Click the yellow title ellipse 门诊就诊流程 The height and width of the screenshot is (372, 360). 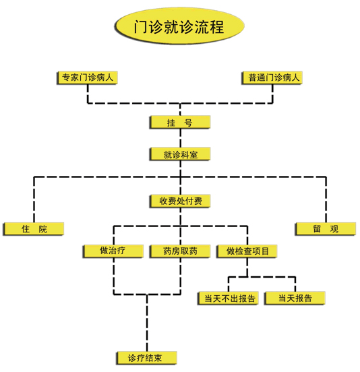(179, 26)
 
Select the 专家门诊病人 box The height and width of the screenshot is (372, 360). (88, 77)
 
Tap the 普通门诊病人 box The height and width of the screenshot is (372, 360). (272, 77)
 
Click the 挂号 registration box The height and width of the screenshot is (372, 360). (180, 122)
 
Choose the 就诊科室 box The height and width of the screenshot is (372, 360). (180, 154)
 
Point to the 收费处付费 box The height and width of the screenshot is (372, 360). (180, 201)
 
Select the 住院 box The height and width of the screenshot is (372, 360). (34, 229)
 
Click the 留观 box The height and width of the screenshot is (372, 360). (326, 229)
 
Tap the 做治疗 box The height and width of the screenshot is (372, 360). (113, 251)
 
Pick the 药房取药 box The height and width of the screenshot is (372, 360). (180, 251)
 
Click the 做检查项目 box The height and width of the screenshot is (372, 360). (247, 251)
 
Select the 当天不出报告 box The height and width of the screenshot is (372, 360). (228, 298)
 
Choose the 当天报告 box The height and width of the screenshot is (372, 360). (295, 298)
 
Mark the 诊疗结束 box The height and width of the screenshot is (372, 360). (147, 358)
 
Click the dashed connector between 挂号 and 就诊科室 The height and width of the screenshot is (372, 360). (181, 138)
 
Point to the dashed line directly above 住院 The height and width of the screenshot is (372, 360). (34, 199)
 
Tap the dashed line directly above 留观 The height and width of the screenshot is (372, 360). (326, 199)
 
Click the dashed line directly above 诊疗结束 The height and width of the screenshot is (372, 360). (147, 323)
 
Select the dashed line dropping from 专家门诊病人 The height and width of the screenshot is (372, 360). (88, 94)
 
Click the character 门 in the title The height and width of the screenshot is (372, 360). (140, 26)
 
